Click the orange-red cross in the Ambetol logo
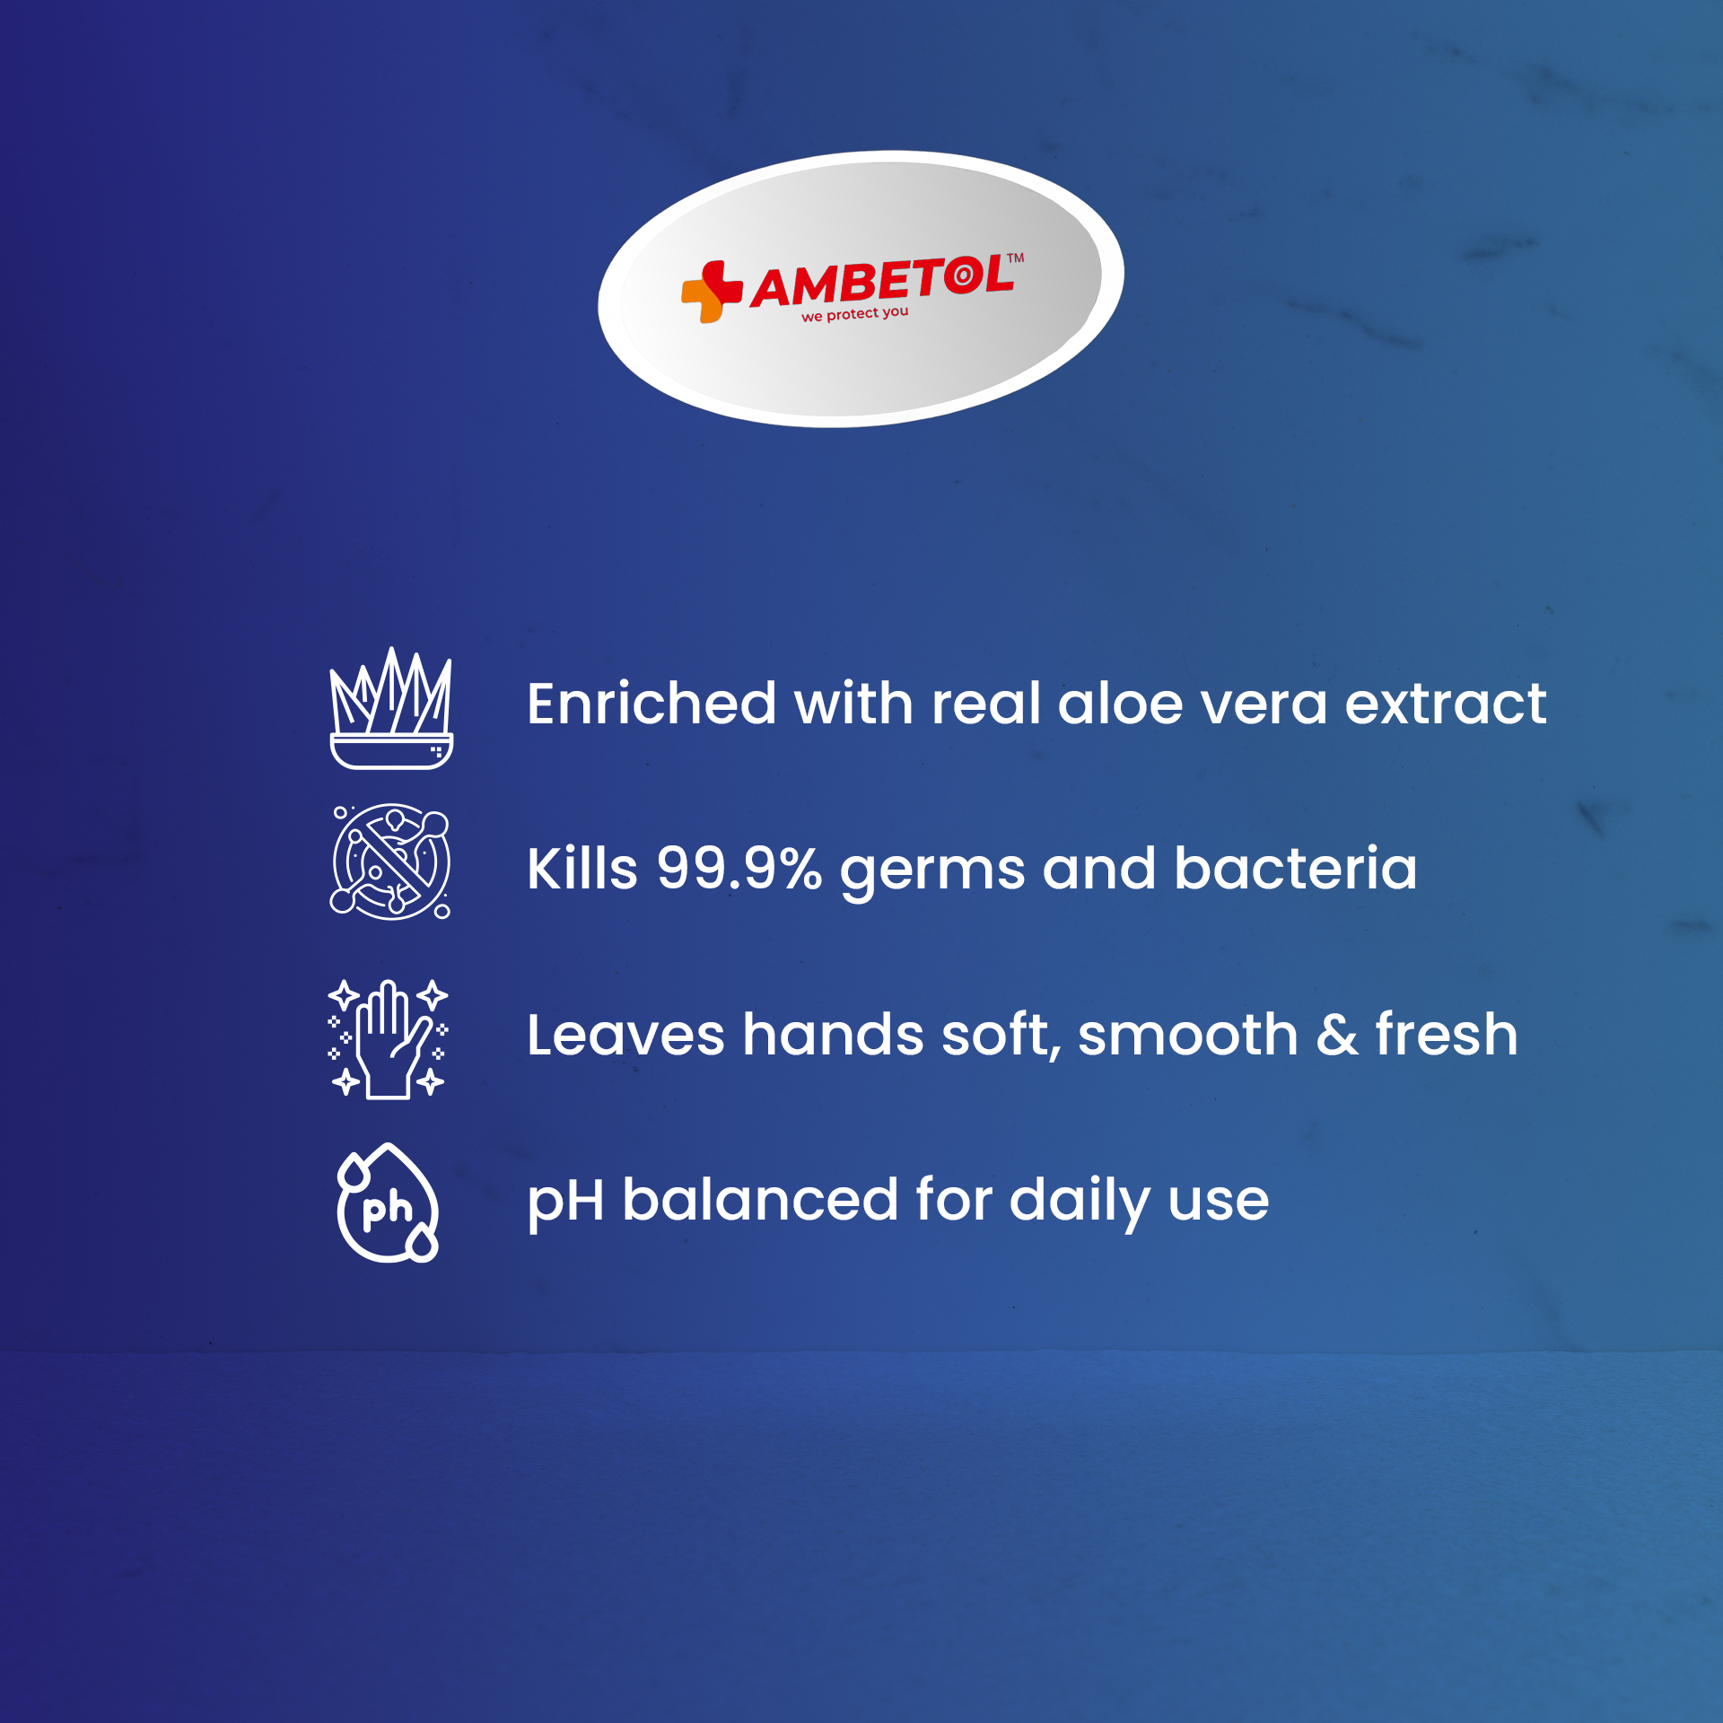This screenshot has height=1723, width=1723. pos(712,292)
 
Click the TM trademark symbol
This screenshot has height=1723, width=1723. pos(1015,258)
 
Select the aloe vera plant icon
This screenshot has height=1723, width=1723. pos(391,708)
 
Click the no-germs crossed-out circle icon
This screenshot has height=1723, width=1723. pos(391,861)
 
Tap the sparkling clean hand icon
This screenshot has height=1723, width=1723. pos(388,1038)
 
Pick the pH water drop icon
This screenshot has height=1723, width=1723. pos(388,1203)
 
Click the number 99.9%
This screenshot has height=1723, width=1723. pos(739,869)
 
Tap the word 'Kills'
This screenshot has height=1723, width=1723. pos(582,869)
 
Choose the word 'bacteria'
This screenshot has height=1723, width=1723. pos(1296,869)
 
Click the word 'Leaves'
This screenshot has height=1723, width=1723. pos(625,1035)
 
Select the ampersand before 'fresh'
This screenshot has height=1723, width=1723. pos(1337,1035)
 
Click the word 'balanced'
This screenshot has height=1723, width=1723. pos(760,1200)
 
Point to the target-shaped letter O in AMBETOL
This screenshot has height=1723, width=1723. pos(964,275)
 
